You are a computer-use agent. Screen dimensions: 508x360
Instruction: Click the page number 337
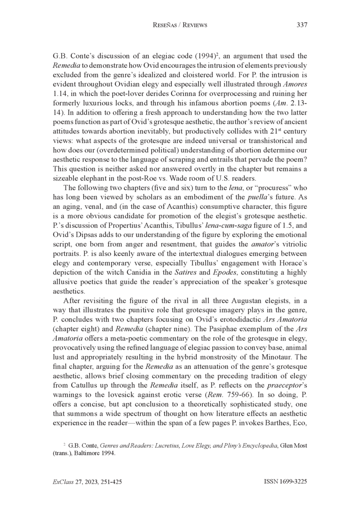(x=301, y=25)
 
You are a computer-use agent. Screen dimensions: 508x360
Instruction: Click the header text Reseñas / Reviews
(x=180, y=25)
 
